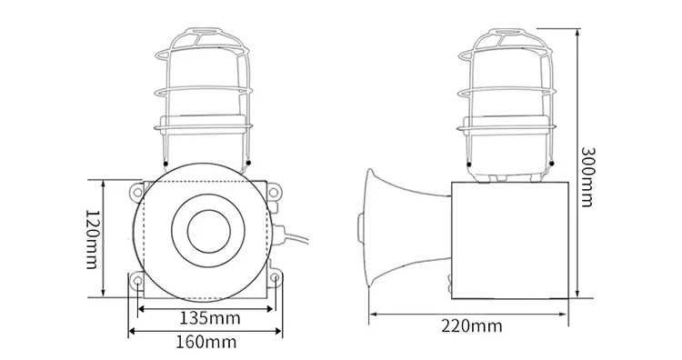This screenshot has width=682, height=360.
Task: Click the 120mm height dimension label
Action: pos(91,239)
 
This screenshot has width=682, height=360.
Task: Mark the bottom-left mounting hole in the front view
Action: pos(136,282)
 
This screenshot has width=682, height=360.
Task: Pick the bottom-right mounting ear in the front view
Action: pos(275,282)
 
